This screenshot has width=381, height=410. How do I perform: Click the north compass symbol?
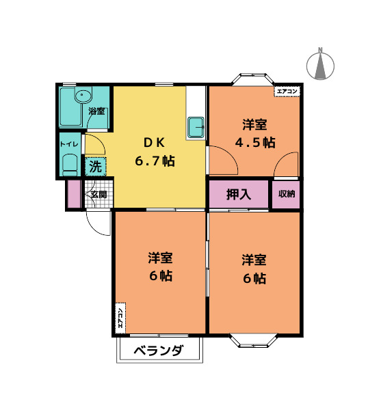click(x=320, y=64)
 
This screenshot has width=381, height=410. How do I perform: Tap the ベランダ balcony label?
click(x=159, y=351)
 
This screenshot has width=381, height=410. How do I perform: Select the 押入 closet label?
click(x=239, y=194)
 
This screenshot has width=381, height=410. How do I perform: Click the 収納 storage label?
click(x=287, y=194)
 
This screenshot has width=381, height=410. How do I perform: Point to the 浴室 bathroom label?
click(x=96, y=111)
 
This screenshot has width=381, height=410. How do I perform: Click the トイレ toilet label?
click(x=68, y=143)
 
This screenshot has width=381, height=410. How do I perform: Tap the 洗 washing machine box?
click(x=96, y=165)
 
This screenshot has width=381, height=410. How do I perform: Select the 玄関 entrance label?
click(x=98, y=195)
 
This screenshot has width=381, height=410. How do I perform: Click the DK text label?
click(x=153, y=143)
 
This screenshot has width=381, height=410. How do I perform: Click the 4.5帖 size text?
click(x=254, y=143)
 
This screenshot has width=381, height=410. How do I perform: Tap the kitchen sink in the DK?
click(x=196, y=127)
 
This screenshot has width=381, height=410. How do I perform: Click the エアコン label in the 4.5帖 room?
click(x=287, y=91)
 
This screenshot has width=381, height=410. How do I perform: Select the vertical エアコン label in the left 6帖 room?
click(x=120, y=318)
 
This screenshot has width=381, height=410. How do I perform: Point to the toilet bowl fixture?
click(x=69, y=165)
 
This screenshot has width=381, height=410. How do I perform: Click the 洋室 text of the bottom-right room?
click(x=254, y=260)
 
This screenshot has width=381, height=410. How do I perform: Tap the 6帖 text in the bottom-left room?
click(x=161, y=276)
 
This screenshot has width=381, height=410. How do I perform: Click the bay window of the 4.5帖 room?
click(x=254, y=80)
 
